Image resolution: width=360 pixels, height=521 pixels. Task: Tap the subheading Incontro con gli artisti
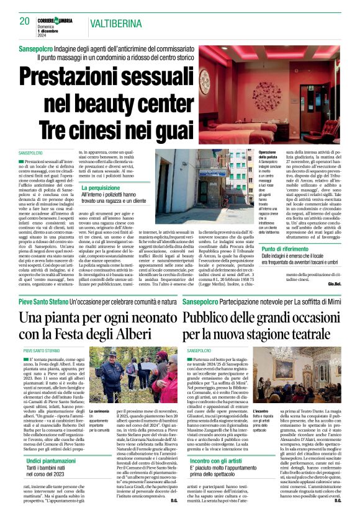(x=216, y=460)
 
